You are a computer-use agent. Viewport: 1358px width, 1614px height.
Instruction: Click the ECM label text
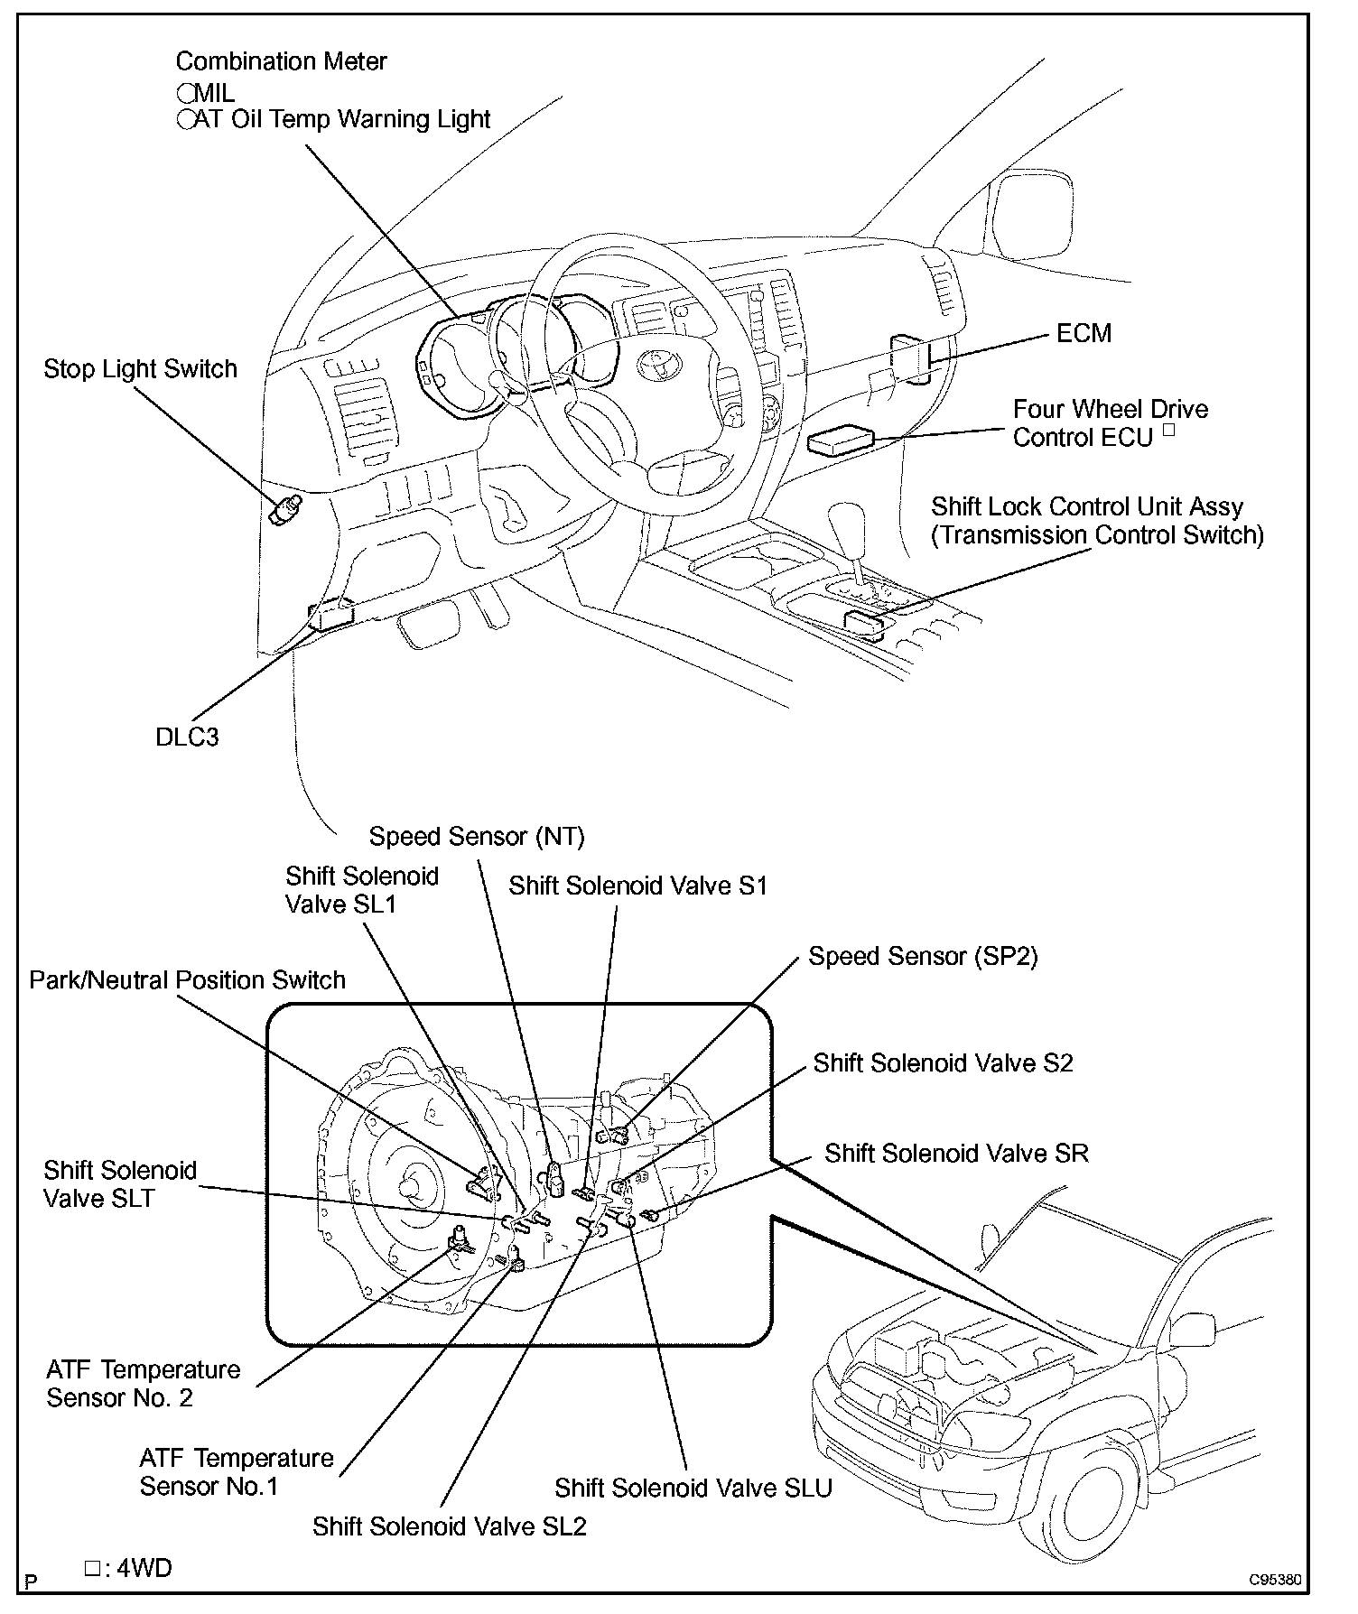tap(1084, 333)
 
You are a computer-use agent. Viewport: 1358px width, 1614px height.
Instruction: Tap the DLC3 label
tap(187, 737)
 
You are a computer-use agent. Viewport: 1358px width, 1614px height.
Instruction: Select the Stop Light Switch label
tap(140, 368)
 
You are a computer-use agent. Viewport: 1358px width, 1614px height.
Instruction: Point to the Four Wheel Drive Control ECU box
tap(841, 440)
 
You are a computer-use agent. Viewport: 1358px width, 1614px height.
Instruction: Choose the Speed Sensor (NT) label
tap(477, 837)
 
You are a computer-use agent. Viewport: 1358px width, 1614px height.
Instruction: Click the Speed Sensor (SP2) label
tap(923, 956)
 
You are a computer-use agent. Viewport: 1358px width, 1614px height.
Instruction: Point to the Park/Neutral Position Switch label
tap(187, 980)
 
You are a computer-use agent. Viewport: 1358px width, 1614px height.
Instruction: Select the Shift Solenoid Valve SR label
tap(956, 1153)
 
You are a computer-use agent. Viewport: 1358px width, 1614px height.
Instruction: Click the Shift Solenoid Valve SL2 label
tap(449, 1526)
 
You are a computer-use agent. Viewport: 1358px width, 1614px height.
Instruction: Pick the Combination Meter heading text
tap(281, 61)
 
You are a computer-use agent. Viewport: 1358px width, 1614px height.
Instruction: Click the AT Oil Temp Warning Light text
tap(341, 119)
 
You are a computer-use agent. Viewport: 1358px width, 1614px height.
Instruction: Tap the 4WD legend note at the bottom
tap(128, 1568)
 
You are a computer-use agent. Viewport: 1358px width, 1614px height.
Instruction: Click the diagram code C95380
tap(1275, 1581)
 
